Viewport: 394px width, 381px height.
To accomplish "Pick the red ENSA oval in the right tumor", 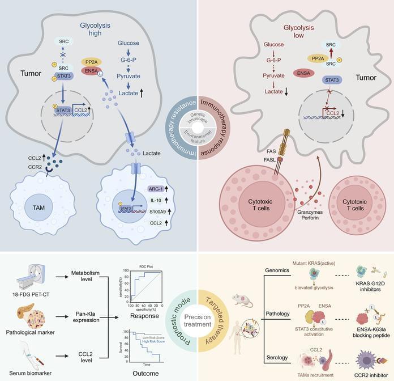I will (304, 73).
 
